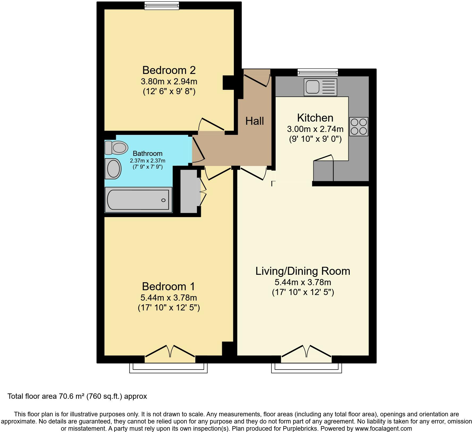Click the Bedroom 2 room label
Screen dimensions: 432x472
pos(169,70)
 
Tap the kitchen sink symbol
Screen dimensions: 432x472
pos(320,87)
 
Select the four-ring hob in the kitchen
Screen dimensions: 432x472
pos(359,127)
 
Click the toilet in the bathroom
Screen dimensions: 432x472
pos(116,148)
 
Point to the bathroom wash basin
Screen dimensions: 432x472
pos(113,168)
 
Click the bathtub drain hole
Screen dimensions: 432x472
pos(163,200)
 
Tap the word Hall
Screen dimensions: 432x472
pos(255,121)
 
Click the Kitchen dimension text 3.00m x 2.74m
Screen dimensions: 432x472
pos(315,129)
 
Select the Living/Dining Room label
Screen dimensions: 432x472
pos(303,271)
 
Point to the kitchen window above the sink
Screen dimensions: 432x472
pos(318,72)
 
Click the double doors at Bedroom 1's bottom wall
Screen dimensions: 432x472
pos(170,352)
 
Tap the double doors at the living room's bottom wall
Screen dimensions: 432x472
pos(306,352)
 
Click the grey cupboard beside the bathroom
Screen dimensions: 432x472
pos(188,192)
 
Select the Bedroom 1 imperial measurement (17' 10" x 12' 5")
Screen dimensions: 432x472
pos(169,308)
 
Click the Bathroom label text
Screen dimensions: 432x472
pos(147,153)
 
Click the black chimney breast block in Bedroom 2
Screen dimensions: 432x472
pos(228,83)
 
